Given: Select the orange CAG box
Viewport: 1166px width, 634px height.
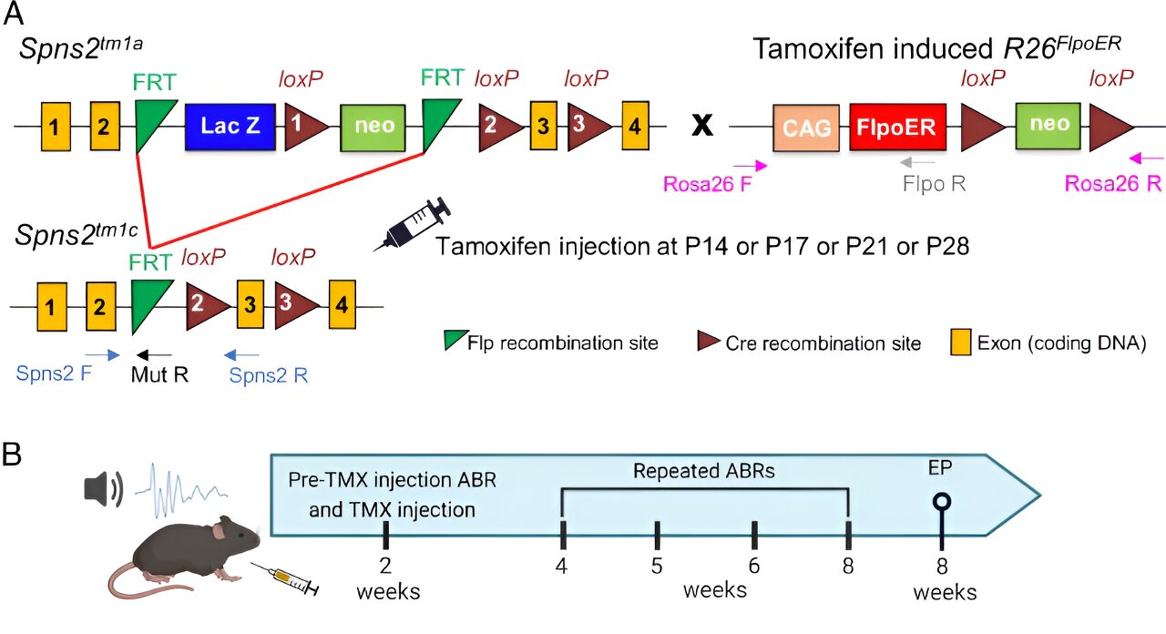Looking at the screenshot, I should click(x=807, y=127).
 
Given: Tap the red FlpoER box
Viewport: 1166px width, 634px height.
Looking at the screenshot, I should click(x=897, y=127).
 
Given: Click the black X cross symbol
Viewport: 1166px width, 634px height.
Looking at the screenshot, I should click(x=702, y=127).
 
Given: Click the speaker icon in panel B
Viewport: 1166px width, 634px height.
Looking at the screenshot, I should click(x=101, y=490).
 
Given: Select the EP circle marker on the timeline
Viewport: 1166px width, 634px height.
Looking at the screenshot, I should click(x=942, y=501).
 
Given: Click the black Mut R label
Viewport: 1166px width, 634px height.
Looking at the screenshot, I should click(x=160, y=373).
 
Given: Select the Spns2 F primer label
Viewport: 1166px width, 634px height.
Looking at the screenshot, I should click(x=53, y=373).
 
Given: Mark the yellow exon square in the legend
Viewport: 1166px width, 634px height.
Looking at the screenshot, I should click(x=959, y=343).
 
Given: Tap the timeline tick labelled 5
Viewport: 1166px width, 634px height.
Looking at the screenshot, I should click(x=657, y=535).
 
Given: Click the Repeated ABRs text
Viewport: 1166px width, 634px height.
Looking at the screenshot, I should click(x=704, y=472).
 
